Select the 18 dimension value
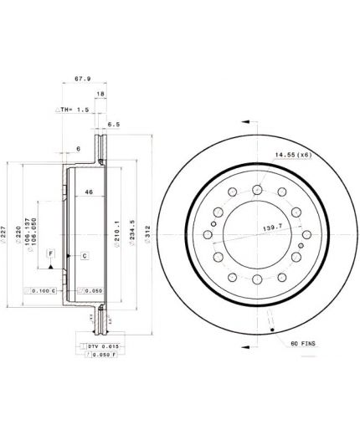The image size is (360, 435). (100, 95)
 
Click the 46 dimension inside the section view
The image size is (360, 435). (88, 193)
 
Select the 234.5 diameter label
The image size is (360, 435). (132, 231)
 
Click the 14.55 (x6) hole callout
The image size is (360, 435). (293, 154)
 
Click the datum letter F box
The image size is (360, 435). (50, 253)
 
